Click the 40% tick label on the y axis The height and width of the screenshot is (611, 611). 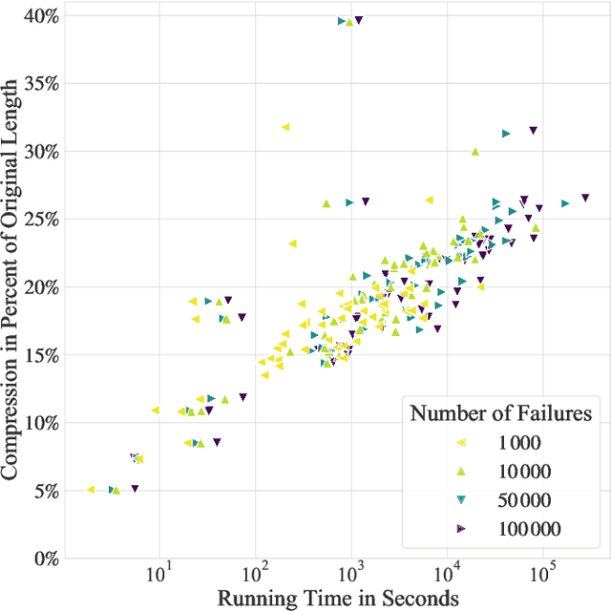[37, 16]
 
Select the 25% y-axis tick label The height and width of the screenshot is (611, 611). [37, 220]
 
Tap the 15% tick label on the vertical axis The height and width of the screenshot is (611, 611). [37, 355]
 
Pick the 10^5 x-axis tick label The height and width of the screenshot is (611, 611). [543, 575]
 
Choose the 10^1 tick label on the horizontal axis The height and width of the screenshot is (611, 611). [159, 575]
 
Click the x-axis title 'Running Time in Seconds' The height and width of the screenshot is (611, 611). [339, 599]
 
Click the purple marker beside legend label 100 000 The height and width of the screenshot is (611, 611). [461, 528]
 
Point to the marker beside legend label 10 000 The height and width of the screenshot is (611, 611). [461, 471]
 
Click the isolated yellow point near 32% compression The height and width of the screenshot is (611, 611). [284, 127]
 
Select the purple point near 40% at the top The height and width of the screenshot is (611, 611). [358, 19]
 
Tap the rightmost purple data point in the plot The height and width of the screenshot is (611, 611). [585, 198]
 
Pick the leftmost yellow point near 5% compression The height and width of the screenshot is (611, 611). [91, 490]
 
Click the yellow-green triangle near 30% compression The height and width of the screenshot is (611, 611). [475, 151]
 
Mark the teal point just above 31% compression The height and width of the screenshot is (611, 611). [506, 134]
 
